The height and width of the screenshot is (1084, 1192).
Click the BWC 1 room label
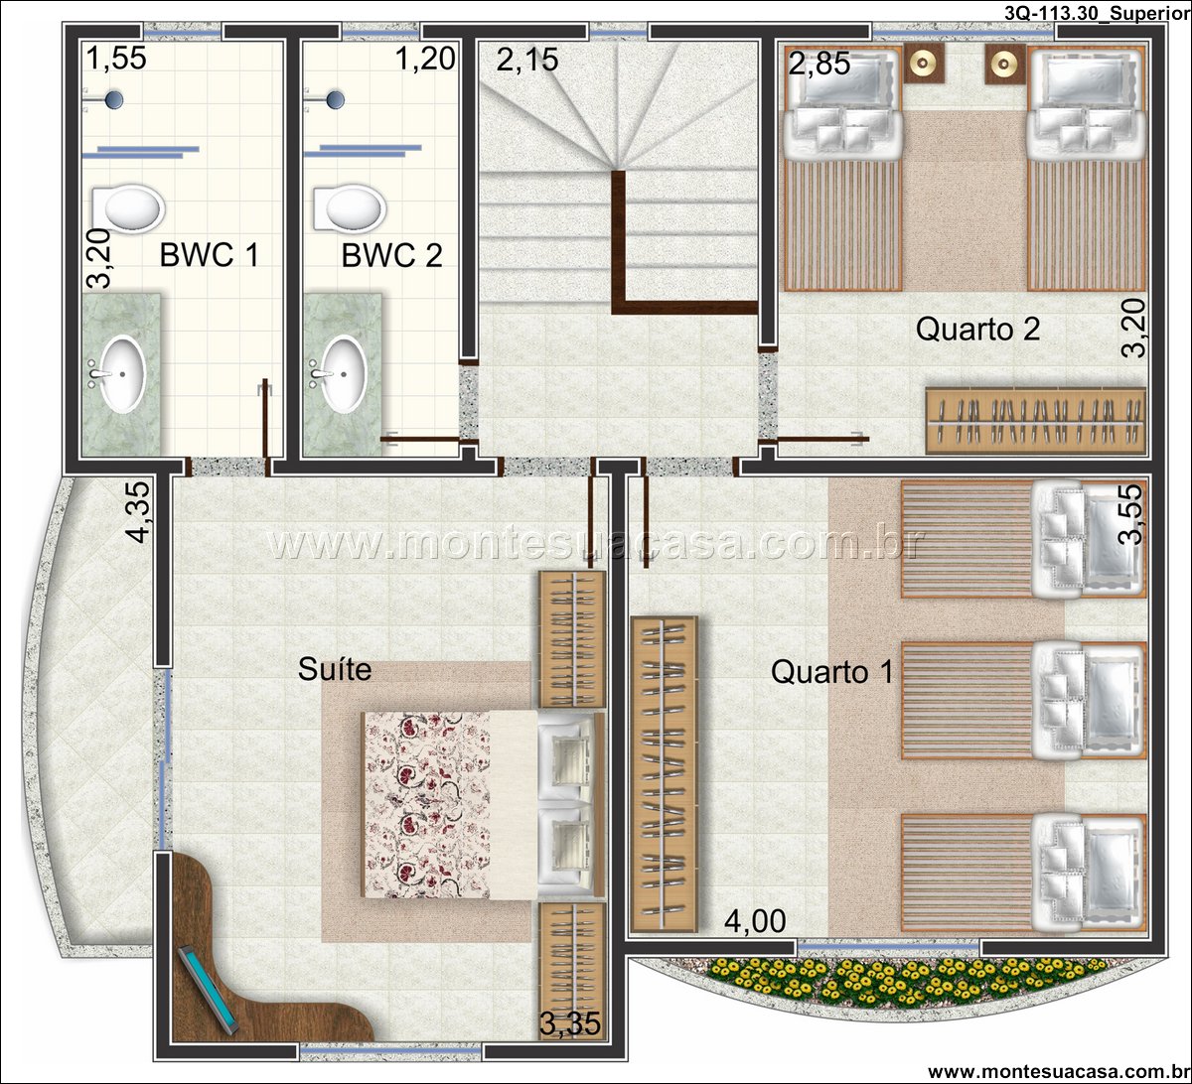click(x=210, y=255)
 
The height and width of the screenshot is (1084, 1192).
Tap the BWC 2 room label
click(x=391, y=255)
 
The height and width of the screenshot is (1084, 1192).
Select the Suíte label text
click(x=335, y=669)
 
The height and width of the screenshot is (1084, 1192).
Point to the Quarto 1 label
click(x=831, y=672)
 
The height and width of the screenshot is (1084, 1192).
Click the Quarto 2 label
click(x=977, y=329)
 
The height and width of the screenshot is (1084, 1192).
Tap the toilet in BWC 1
click(x=128, y=207)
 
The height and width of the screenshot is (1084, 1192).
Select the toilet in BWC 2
click(x=350, y=207)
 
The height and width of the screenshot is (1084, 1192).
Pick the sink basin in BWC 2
click(x=343, y=373)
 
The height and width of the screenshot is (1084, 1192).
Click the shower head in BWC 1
click(x=113, y=99)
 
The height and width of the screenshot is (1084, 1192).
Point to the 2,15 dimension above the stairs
click(x=527, y=60)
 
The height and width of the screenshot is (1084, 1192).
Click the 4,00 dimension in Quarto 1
click(x=755, y=921)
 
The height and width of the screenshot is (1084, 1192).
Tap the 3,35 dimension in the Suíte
click(x=569, y=1023)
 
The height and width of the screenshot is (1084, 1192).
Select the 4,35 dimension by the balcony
click(x=139, y=512)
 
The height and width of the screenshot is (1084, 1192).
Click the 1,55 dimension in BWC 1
click(x=116, y=59)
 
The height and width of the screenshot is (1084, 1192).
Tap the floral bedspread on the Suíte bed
click(x=426, y=805)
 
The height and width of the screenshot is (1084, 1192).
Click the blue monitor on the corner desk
click(x=208, y=990)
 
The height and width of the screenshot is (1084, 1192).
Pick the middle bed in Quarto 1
click(x=1023, y=701)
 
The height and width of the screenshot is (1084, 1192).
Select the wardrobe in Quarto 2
click(x=1036, y=421)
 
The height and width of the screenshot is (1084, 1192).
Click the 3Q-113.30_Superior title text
click(x=1097, y=13)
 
